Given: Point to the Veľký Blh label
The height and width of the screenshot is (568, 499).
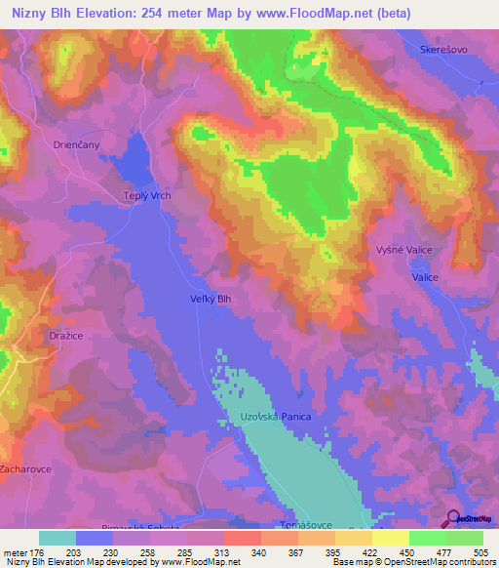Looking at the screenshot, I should point(211,300).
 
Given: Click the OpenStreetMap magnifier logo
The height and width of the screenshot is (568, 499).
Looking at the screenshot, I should point(454,518).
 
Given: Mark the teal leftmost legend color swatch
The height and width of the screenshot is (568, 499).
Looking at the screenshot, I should point(57,538).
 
